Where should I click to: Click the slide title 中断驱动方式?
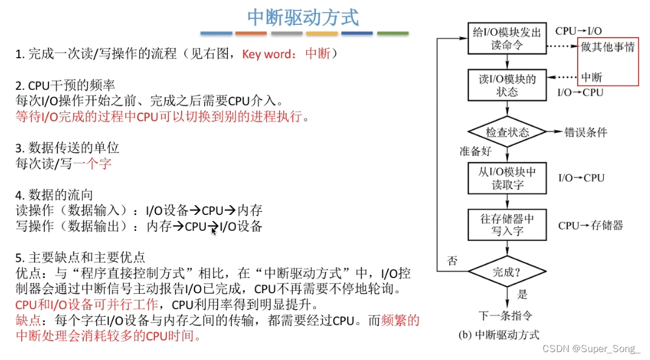(x=303, y=17)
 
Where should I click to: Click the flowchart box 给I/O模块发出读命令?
(x=507, y=39)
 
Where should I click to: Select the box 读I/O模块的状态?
(x=507, y=85)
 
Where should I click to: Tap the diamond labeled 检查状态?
(x=507, y=132)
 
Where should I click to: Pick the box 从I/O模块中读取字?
(x=507, y=178)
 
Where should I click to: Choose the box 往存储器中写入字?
(x=507, y=225)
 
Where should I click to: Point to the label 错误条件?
(x=585, y=132)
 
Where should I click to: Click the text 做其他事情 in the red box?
(x=607, y=47)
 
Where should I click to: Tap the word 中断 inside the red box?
(x=592, y=77)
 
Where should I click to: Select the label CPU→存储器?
(x=590, y=226)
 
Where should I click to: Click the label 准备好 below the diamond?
(x=475, y=151)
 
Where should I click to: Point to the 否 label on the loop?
(x=452, y=262)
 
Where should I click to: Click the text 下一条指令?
(x=506, y=315)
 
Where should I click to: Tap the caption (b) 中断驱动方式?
(x=498, y=334)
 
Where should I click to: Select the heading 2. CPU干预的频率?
(x=65, y=85)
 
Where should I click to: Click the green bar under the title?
(x=392, y=33)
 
